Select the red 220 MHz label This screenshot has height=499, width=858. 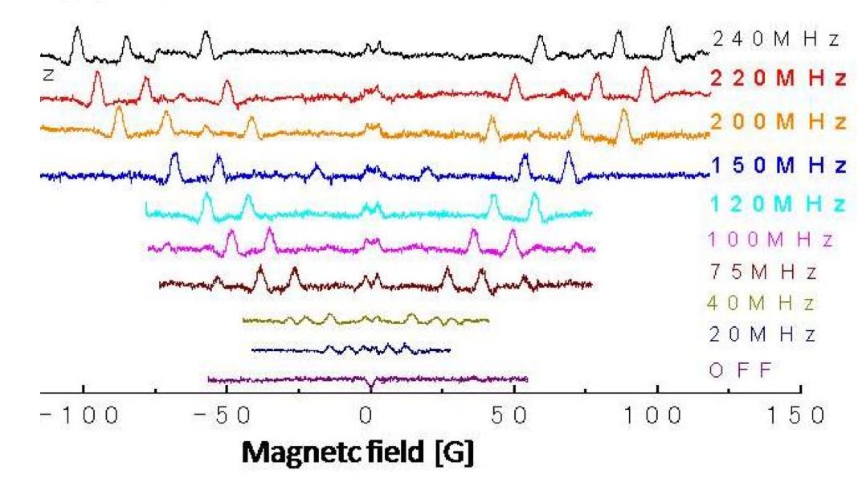778,79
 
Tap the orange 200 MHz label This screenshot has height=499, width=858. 778,121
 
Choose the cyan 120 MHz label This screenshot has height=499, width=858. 778,202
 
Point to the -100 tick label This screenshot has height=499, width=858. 72,419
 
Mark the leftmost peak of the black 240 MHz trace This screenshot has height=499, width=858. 77,30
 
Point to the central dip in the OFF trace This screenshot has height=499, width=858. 370,387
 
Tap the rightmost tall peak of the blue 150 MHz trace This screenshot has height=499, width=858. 569,153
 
